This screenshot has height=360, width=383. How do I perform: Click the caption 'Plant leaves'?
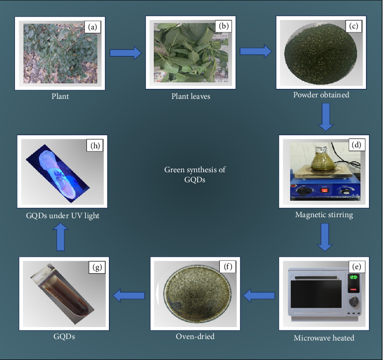189,96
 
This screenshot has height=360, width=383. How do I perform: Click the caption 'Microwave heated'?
324,338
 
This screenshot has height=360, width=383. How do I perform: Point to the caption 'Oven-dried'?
195,336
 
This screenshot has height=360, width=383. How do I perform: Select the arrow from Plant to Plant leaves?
125,52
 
